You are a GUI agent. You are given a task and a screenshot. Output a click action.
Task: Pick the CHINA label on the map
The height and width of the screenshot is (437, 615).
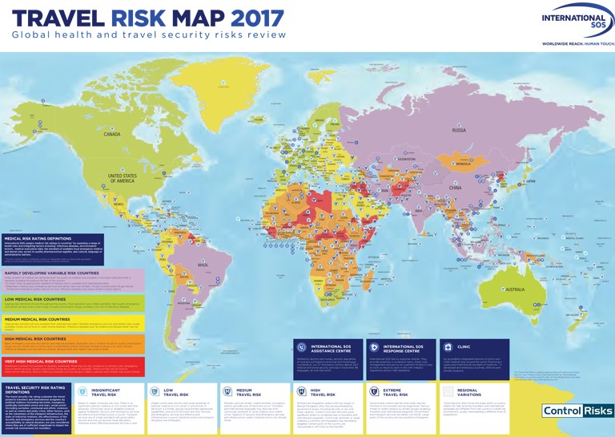coord(454,187)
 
